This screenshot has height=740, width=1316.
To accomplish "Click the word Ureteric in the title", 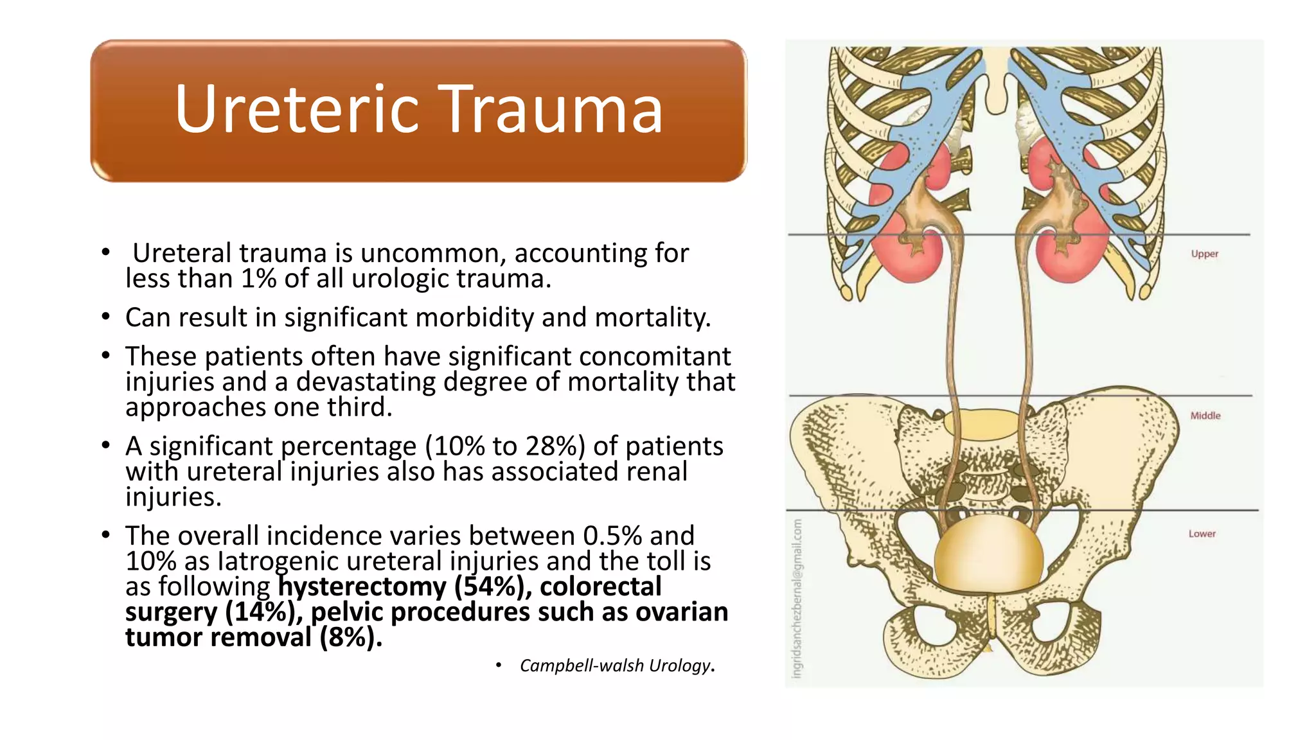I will [296, 110].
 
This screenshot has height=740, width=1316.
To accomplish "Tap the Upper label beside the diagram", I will [1204, 254].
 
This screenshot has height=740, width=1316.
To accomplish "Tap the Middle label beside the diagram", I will [1205, 416].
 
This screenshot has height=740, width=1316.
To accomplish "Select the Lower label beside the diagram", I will [1202, 534].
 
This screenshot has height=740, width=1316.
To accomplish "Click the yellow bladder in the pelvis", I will [988, 554].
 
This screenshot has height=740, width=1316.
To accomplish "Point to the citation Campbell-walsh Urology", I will [616, 665].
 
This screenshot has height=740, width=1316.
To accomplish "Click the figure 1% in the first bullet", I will [258, 279].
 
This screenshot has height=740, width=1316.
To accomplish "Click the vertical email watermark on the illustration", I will [797, 597].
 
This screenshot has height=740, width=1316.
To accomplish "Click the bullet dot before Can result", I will [106, 317].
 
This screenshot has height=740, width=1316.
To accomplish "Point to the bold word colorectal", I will [600, 586].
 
